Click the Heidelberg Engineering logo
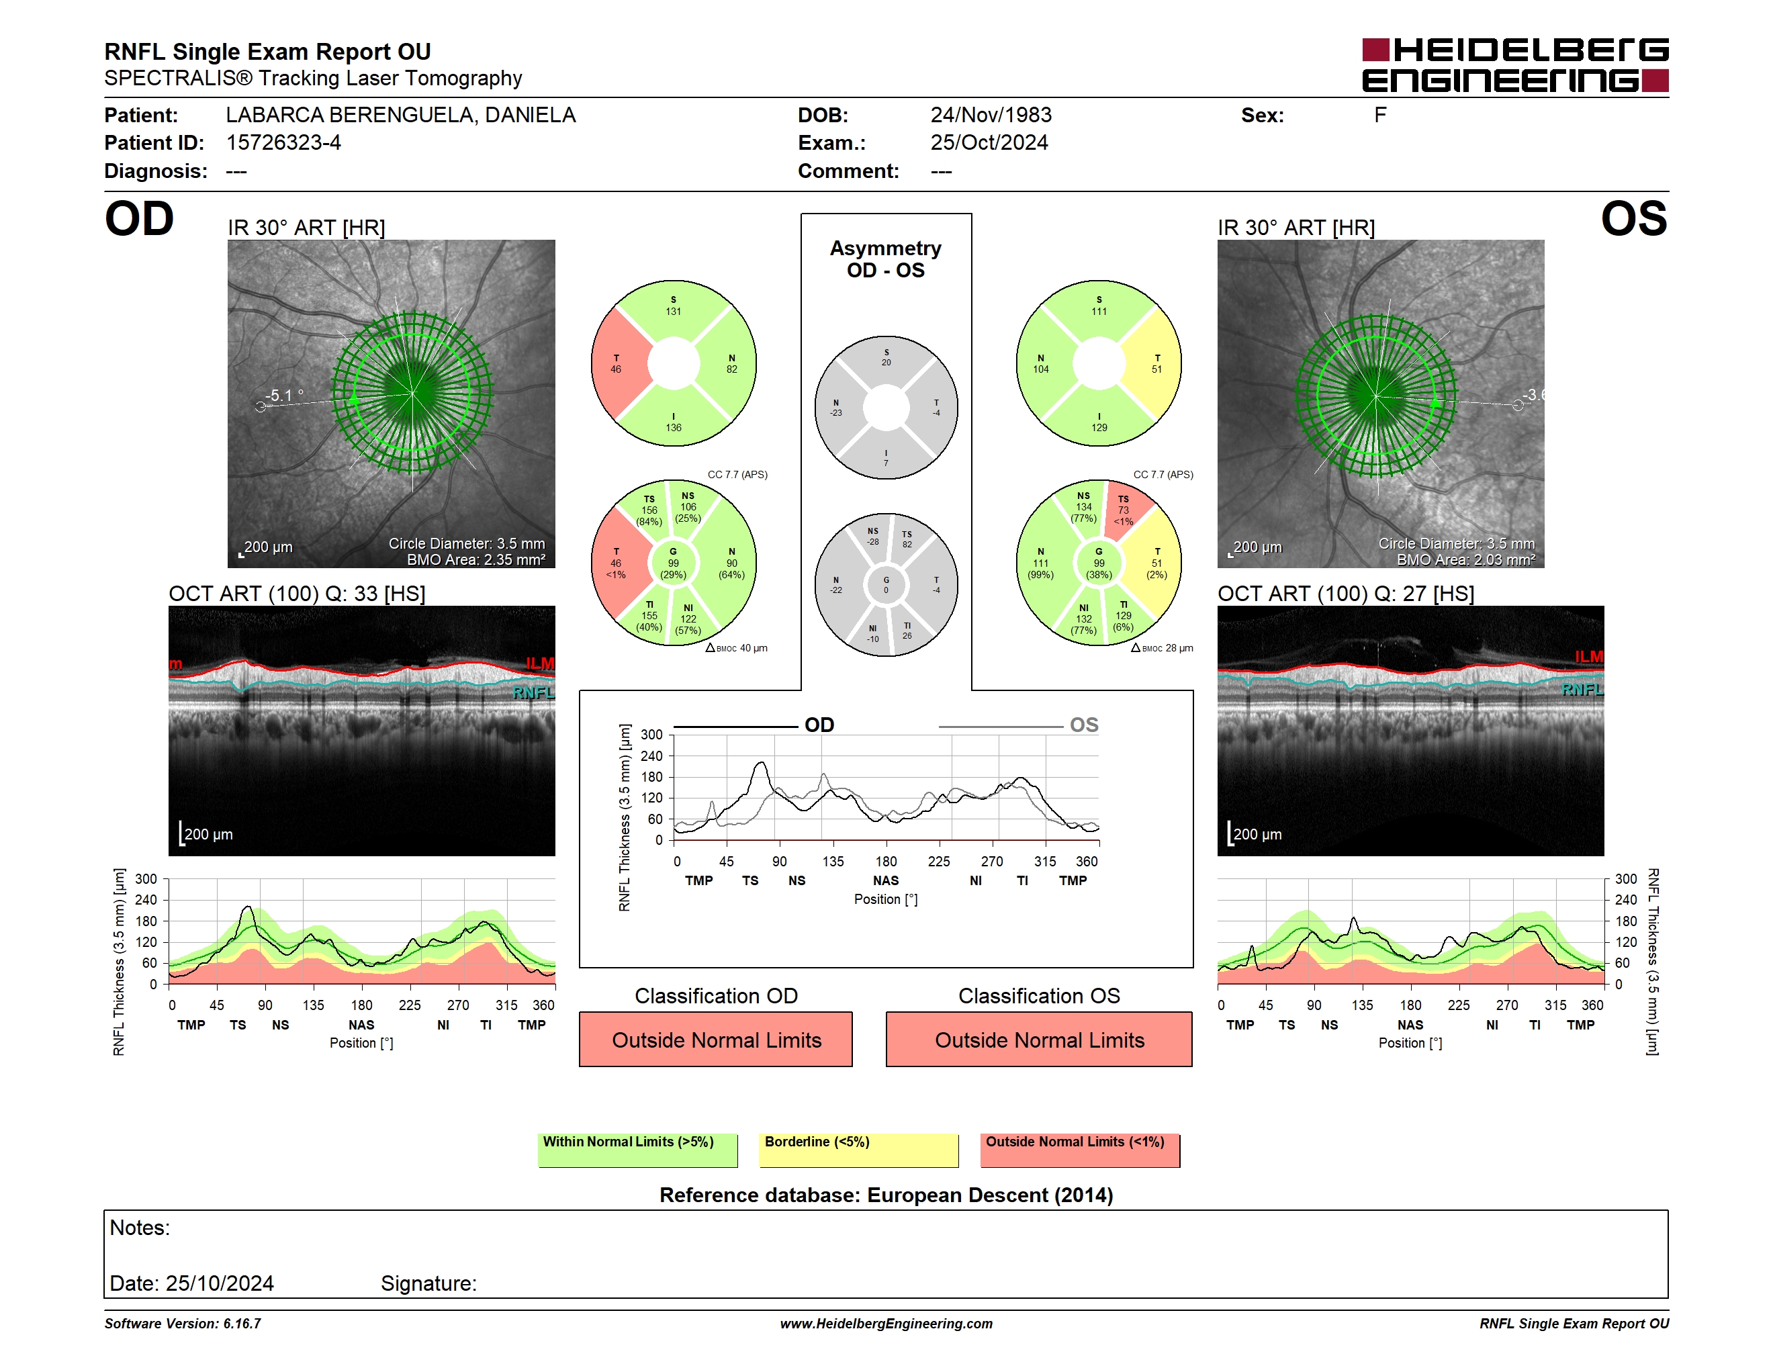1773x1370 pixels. (x=1515, y=65)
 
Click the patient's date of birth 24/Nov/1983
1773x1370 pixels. (x=991, y=116)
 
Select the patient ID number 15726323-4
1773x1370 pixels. (x=283, y=143)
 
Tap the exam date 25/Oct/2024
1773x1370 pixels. (x=989, y=143)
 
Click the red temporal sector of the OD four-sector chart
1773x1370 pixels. (x=619, y=363)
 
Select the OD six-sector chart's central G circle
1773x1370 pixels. (x=673, y=563)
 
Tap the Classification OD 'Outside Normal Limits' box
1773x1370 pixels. (x=716, y=1039)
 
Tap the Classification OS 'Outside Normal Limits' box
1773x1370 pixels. (x=1039, y=1039)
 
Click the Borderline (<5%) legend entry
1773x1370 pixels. (x=859, y=1150)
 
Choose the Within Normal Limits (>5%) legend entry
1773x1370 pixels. (x=638, y=1150)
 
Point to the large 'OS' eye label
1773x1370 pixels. (x=1633, y=219)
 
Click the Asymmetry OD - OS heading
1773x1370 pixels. (x=886, y=259)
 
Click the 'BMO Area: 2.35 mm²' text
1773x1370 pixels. (x=475, y=559)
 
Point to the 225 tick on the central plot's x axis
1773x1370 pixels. (x=940, y=861)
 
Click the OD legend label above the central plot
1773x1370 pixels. (x=819, y=725)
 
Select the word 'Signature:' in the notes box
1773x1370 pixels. (x=428, y=1283)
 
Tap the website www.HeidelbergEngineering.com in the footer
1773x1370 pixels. (x=886, y=1324)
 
